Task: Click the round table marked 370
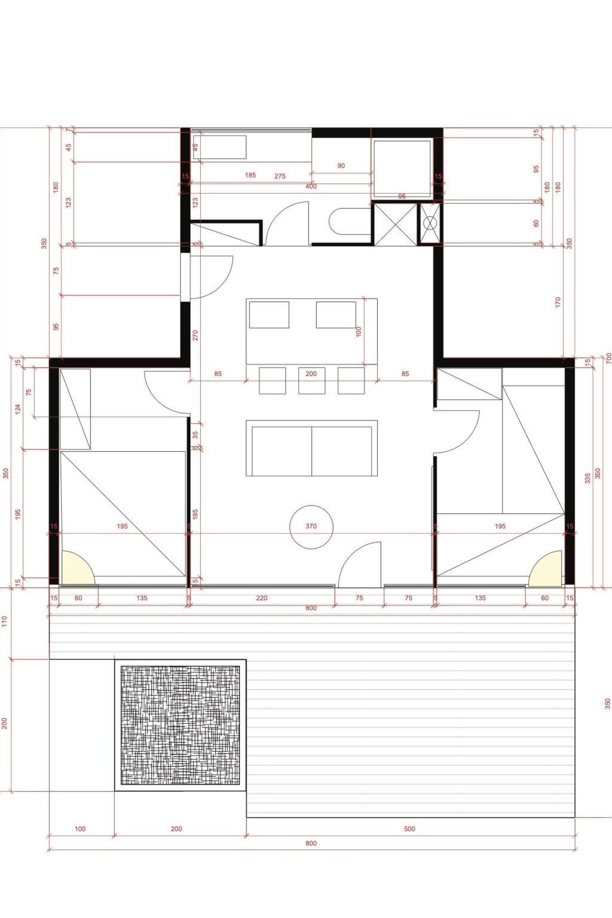311,527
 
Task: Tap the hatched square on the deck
180,725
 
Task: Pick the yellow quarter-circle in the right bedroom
545,568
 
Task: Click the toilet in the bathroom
350,221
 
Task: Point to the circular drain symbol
430,224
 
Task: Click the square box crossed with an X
394,224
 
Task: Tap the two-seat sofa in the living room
311,448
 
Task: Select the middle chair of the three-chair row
311,381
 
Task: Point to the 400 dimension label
311,186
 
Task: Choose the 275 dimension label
280,176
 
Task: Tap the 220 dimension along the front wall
262,598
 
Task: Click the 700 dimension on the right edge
609,358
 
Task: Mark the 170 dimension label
558,303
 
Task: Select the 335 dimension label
588,478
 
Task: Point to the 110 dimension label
5,622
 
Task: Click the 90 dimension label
341,166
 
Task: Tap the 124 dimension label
18,409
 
